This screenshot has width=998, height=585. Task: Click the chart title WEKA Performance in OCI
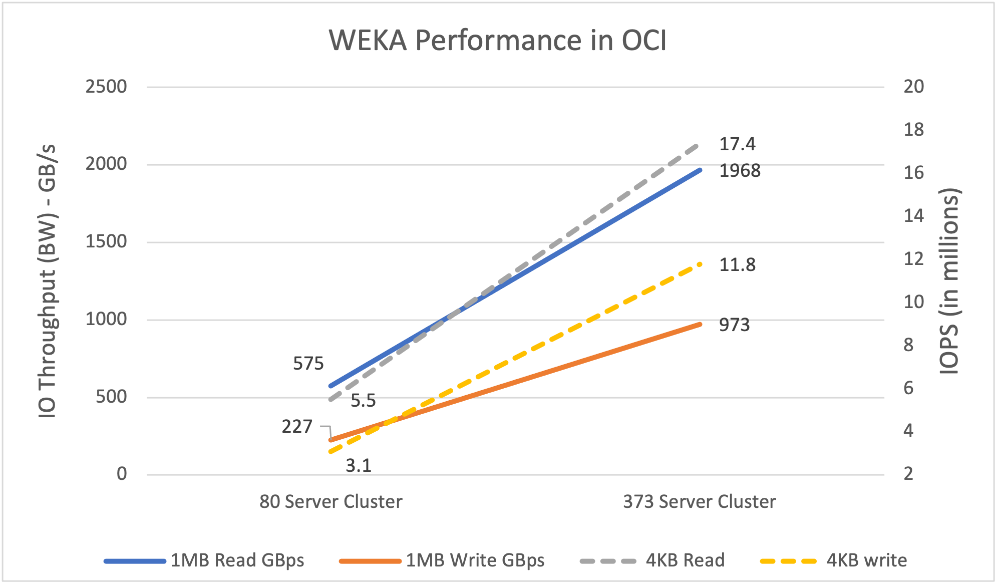click(498, 40)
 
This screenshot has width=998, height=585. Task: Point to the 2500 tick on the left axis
click(106, 87)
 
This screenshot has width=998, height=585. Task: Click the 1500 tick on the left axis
click(106, 241)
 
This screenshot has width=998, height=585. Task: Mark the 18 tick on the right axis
click(913, 130)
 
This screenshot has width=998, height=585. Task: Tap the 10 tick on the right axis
click(913, 302)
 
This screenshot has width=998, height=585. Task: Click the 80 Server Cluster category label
click(330, 501)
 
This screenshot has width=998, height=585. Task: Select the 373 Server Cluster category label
click(699, 501)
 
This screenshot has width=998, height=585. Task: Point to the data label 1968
click(740, 171)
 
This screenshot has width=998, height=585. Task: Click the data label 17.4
click(737, 144)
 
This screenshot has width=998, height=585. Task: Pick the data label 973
click(734, 325)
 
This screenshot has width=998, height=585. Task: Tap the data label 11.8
click(737, 264)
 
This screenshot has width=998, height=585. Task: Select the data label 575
click(308, 364)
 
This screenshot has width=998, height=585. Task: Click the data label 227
click(297, 427)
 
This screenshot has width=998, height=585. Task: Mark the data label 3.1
click(359, 466)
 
